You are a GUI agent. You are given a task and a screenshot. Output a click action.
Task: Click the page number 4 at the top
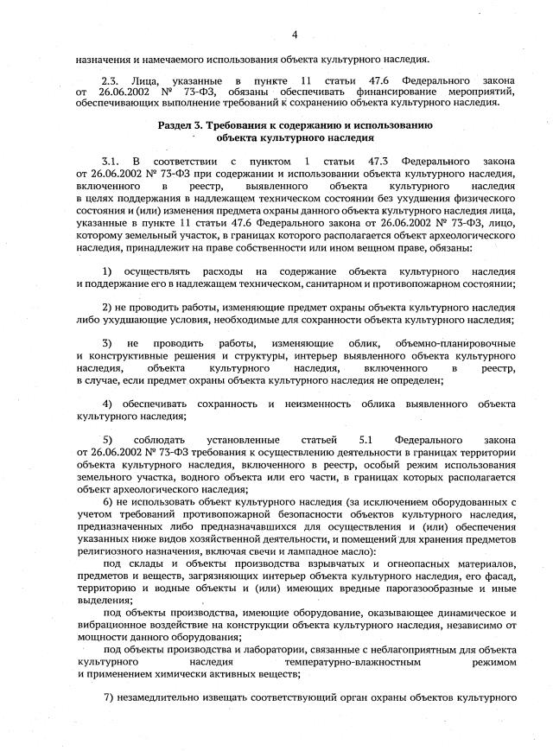click(294, 35)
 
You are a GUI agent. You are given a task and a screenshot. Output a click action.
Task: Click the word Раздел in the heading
click(176, 125)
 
